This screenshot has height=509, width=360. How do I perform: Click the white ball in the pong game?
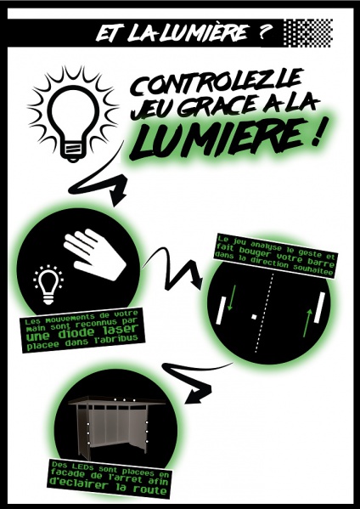(x=255, y=317)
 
